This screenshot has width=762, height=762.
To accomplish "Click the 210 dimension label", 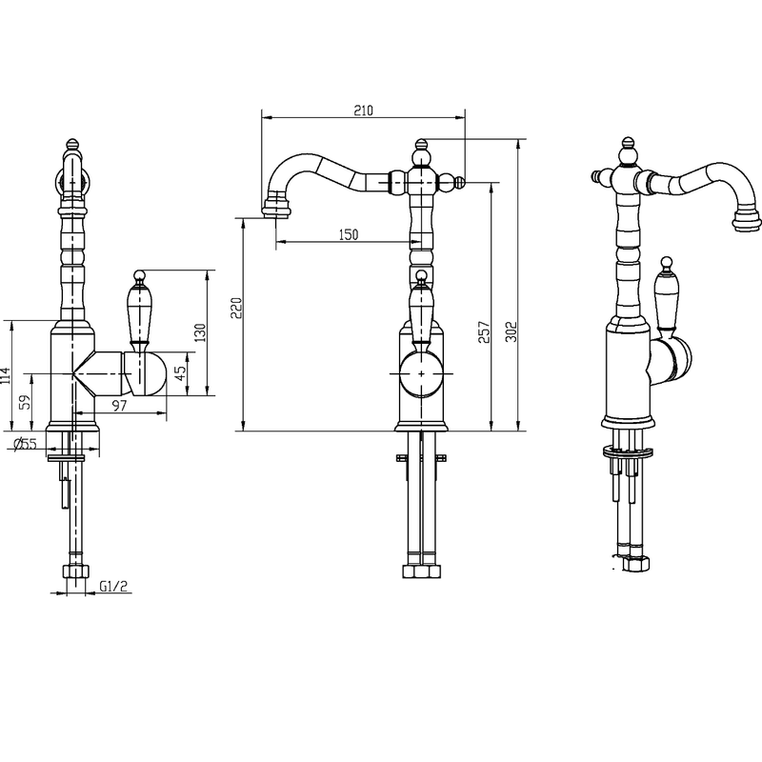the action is pyautogui.click(x=364, y=110).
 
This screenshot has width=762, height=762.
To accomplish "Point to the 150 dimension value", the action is pyautogui.click(x=349, y=235).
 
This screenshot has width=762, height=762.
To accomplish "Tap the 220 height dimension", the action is pyautogui.click(x=236, y=308).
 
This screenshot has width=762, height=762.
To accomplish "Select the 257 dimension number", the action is pyautogui.click(x=484, y=331).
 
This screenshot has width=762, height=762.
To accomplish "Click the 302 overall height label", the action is pyautogui.click(x=511, y=331).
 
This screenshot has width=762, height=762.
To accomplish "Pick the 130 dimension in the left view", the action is pyautogui.click(x=200, y=332).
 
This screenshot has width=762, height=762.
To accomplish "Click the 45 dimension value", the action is pyautogui.click(x=180, y=373).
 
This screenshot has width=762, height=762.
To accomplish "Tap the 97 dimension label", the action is pyautogui.click(x=120, y=406).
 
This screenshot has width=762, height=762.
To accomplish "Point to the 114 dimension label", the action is pyautogui.click(x=6, y=375).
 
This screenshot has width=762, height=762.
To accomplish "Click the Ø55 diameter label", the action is pyautogui.click(x=25, y=444).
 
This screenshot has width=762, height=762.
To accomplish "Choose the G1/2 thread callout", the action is pyautogui.click(x=113, y=587).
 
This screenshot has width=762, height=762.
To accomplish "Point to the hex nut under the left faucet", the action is pyautogui.click(x=76, y=571).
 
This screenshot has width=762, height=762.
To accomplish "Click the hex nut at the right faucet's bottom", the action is pyautogui.click(x=636, y=563).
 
